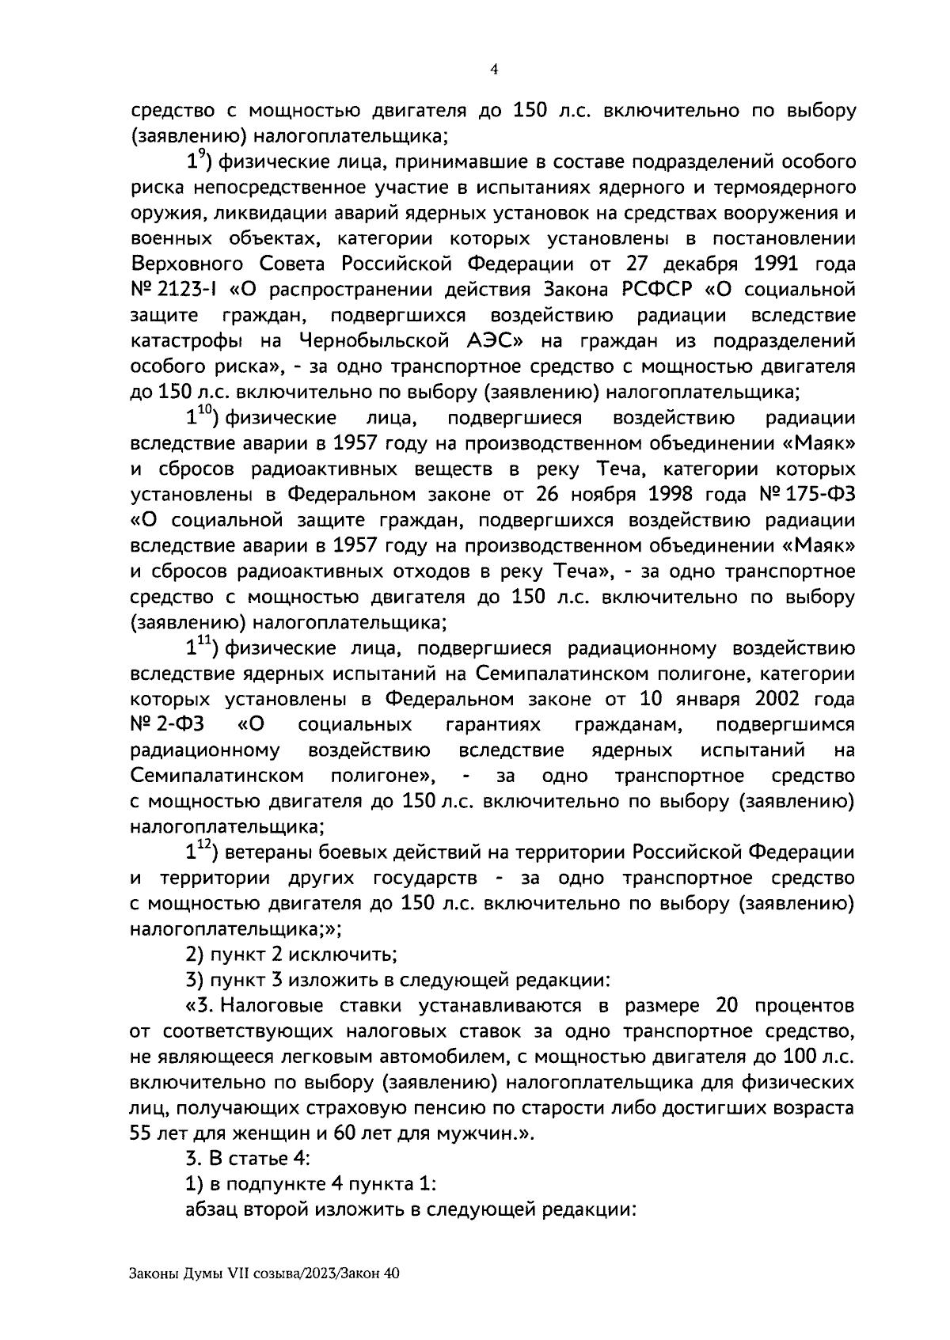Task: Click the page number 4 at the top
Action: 494,70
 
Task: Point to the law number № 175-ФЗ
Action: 804,495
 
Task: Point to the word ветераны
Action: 267,853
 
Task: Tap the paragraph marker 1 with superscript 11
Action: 198,648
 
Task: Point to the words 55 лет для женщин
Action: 209,1134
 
